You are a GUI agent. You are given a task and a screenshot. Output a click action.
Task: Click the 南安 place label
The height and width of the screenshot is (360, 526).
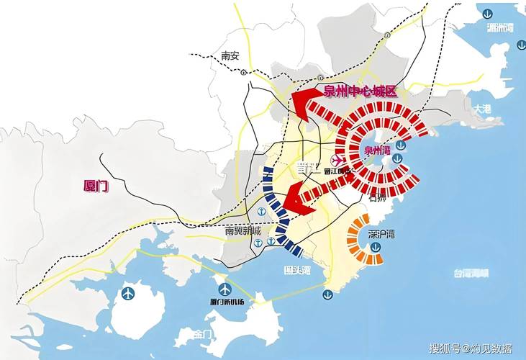230,55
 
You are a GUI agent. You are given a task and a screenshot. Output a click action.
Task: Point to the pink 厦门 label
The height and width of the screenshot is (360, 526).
95,186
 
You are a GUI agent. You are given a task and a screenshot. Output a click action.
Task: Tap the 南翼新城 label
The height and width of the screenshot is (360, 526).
243,231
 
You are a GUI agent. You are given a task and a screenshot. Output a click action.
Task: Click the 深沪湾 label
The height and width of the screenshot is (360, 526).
381,234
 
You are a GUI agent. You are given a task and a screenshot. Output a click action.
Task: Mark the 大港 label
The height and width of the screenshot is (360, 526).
481,108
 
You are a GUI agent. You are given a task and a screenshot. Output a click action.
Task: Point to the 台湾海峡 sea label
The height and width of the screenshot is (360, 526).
471,273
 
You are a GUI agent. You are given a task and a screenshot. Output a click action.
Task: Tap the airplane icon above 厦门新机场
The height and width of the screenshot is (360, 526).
225,289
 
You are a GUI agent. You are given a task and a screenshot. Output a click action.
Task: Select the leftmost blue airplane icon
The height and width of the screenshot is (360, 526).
128,293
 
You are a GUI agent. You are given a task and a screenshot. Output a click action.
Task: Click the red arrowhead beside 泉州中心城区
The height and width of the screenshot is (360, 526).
304,102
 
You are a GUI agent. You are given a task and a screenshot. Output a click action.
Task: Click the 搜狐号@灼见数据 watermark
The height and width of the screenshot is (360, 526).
471,348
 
